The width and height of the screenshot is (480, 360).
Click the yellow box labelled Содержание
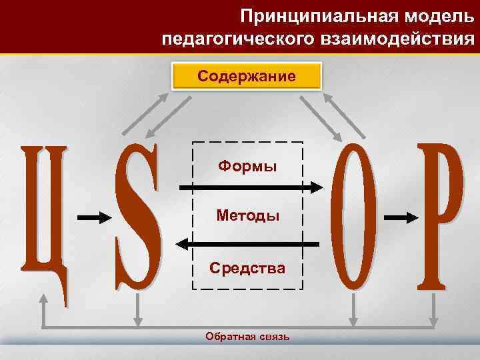point(247,77)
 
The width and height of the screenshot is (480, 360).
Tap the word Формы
point(247,165)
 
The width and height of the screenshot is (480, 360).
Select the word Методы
point(247,215)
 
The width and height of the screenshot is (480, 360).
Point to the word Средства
point(247,268)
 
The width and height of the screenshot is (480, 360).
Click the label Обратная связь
point(247,337)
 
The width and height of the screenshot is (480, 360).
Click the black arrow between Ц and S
point(93,217)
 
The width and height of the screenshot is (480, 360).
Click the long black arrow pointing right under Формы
point(251,188)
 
